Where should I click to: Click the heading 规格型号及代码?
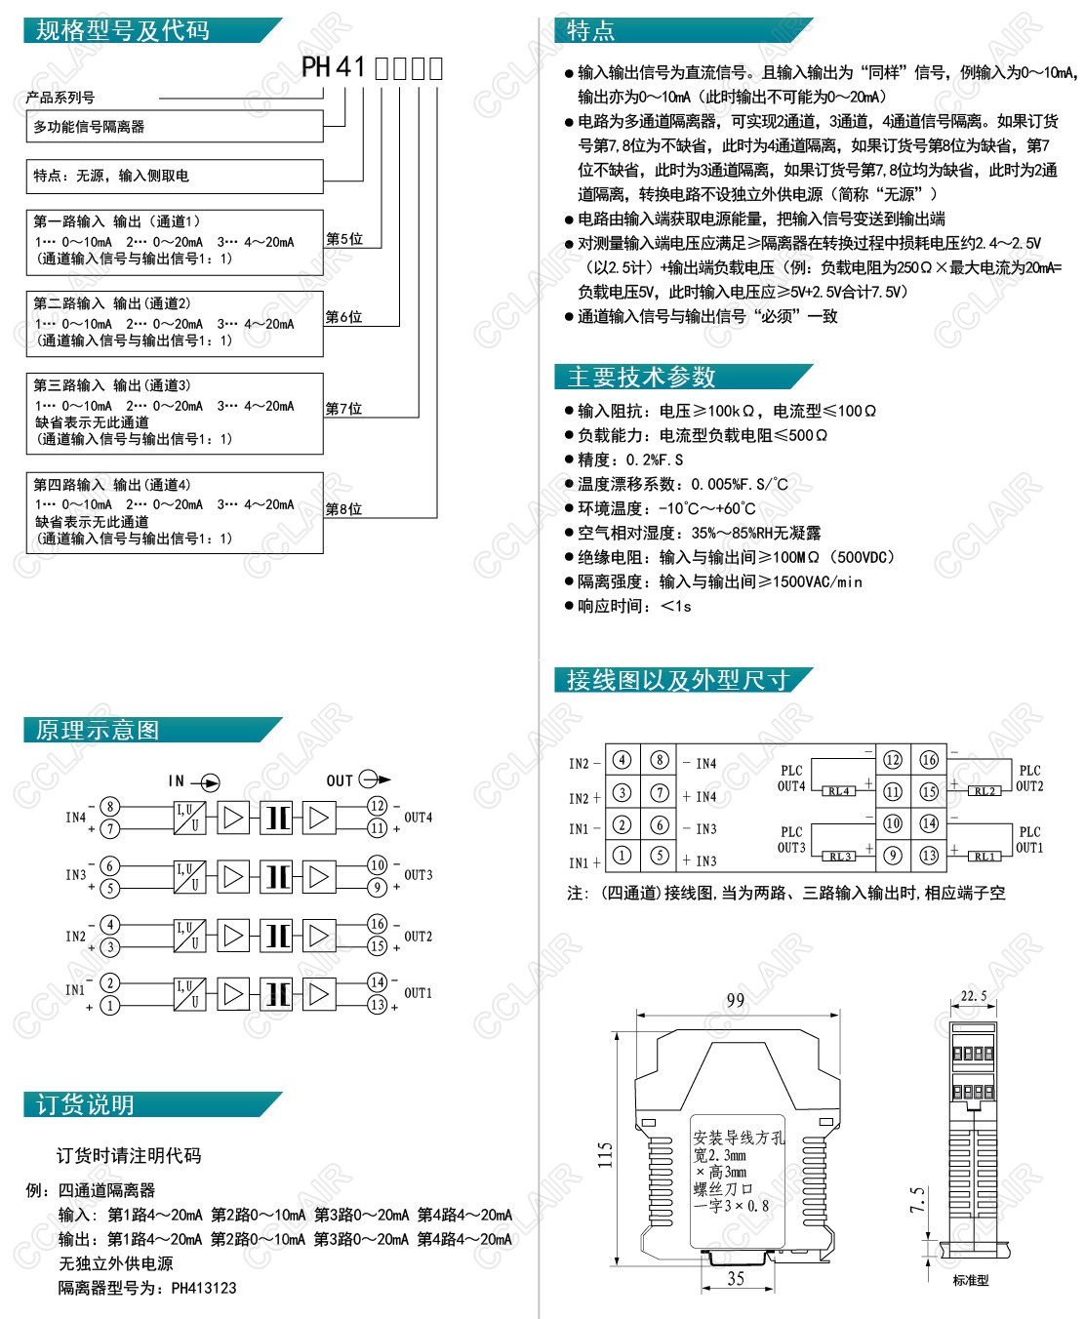(123, 30)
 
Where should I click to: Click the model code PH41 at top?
(333, 67)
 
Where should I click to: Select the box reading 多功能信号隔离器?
(89, 127)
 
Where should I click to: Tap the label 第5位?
(343, 239)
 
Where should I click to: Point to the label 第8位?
(343, 509)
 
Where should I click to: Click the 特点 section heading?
(590, 30)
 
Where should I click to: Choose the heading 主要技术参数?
(641, 377)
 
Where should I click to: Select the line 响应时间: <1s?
(634, 606)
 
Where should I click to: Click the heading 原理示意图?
(97, 730)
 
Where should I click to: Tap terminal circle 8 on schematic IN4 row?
(111, 806)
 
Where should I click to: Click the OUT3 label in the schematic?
(419, 875)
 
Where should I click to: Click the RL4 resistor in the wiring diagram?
(838, 791)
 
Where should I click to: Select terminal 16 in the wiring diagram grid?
(929, 759)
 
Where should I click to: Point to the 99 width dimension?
(736, 1000)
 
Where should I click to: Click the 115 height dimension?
(605, 1155)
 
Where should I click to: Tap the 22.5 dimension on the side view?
(974, 996)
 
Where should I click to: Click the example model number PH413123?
(204, 1288)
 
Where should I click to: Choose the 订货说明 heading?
(85, 1104)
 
